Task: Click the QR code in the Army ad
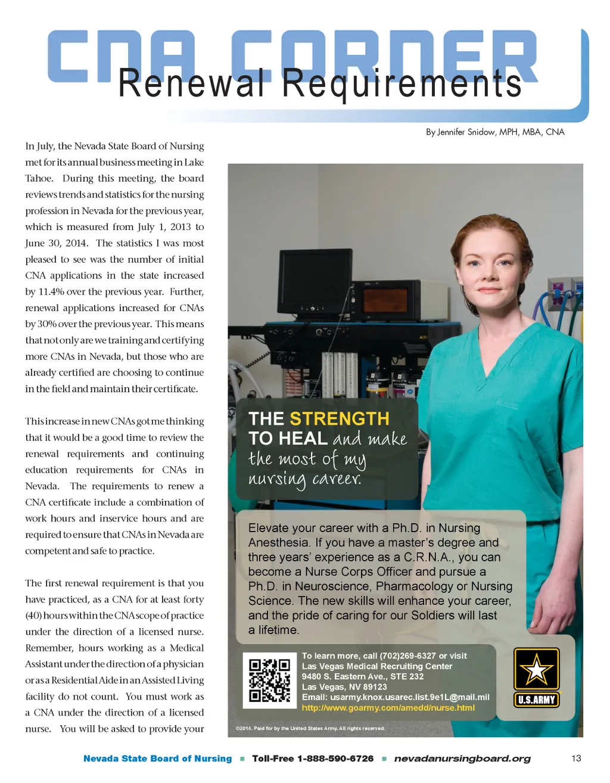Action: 269,680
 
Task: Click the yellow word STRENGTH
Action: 339,418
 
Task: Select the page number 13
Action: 576,758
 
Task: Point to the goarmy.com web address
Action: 388,708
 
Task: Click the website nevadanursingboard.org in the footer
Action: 462,759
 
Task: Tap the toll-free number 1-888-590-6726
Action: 335,759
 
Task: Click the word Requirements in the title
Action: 402,83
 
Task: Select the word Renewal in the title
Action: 191,83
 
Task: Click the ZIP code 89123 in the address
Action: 375,687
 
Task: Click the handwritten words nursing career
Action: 304,479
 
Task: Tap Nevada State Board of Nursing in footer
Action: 157,759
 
